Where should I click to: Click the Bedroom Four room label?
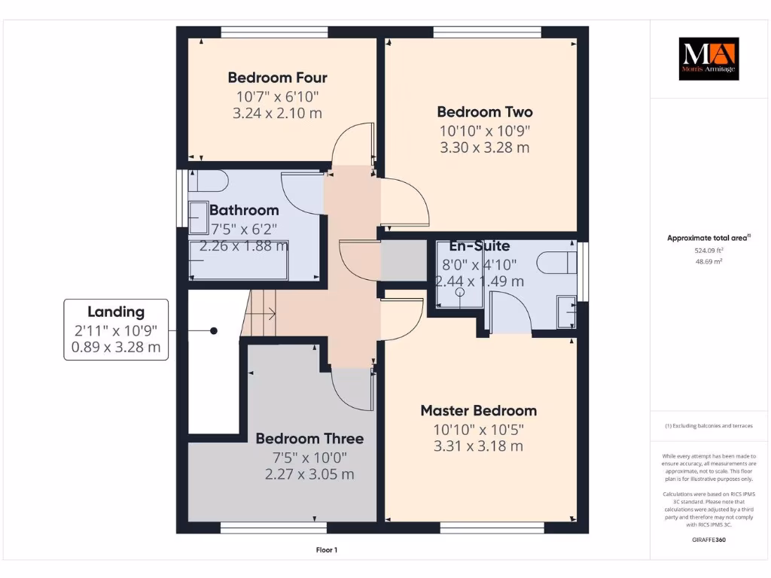coord(277,78)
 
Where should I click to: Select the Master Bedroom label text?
coord(478,411)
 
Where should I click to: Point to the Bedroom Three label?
coord(309,439)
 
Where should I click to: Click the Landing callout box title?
coord(115,312)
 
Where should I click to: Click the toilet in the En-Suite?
coord(556,263)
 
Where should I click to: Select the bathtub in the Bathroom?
coord(238,260)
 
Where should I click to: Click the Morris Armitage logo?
coord(709,59)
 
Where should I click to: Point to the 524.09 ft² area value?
coord(708,250)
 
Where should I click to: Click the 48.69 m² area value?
coord(708,261)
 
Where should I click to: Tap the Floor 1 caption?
coord(326,550)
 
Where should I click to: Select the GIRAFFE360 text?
coord(709,540)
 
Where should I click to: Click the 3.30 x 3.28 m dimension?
coord(484,148)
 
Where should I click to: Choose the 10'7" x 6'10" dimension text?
coord(277,96)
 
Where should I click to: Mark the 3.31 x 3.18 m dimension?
coord(478,446)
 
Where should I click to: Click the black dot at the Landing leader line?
coord(214,330)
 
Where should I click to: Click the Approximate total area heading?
coord(708,238)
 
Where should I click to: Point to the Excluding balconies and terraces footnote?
coord(708,426)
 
